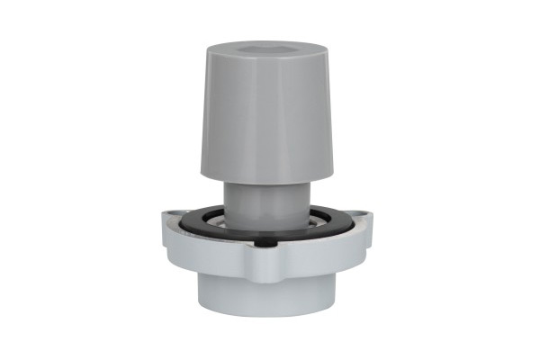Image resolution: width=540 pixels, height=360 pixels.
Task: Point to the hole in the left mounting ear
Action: (x=172, y=215)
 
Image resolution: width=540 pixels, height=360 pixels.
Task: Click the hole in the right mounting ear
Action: (x=362, y=215)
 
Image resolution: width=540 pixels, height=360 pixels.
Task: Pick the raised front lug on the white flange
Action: (x=267, y=251)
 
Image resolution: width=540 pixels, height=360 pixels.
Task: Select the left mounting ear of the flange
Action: (x=174, y=220)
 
